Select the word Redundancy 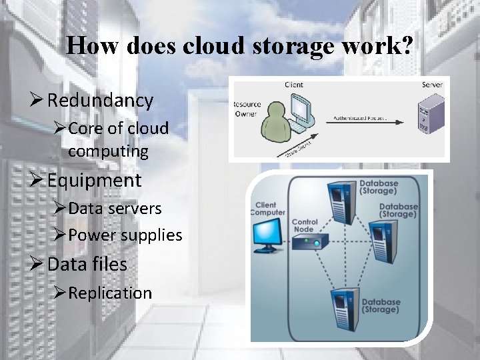pos(101,101)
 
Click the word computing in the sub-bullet pos(108,151)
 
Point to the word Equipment pos(95,180)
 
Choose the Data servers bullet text pos(115,208)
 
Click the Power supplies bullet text pos(125,235)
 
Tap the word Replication pos(110,293)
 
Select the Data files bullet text pos(87,264)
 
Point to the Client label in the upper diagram pos(293,85)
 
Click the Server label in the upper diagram pos(431,85)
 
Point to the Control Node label pos(305,225)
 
